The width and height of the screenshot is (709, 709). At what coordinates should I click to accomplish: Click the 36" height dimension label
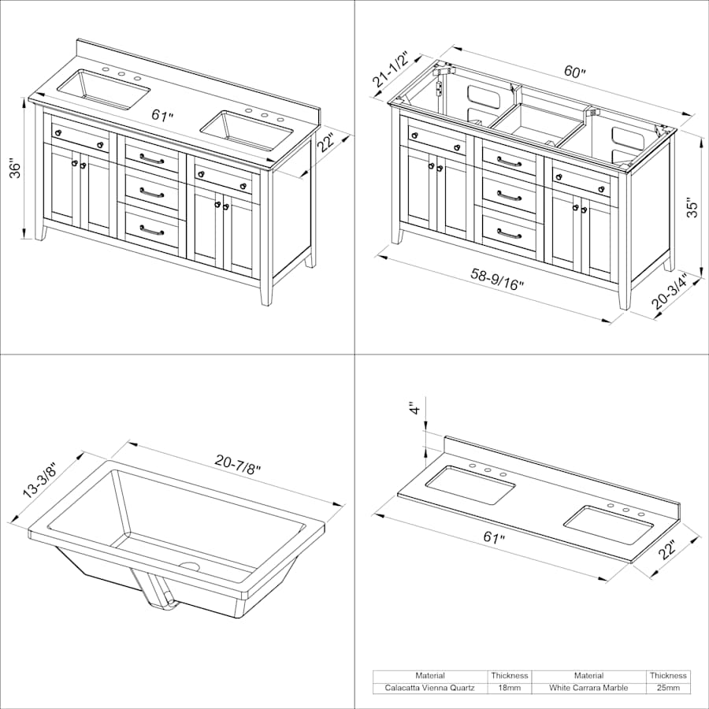(16, 169)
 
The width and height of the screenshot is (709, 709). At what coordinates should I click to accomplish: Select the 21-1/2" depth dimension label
(391, 69)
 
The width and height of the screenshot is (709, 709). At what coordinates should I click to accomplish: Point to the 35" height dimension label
(692, 207)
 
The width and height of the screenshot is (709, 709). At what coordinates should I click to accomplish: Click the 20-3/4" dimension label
(670, 291)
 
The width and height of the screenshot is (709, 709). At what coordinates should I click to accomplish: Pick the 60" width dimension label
(574, 72)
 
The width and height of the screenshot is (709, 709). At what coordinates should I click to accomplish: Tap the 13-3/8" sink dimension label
(40, 481)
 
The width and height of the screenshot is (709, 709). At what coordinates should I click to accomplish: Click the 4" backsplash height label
(414, 408)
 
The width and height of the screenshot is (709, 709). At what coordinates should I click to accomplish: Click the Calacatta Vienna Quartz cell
(429, 688)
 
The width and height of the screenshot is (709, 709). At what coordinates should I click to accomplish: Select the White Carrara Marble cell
(588, 688)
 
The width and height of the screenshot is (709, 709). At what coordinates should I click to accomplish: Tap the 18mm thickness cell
(510, 688)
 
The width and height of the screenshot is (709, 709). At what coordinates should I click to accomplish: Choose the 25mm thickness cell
(668, 688)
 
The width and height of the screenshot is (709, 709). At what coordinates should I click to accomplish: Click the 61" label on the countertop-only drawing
(494, 537)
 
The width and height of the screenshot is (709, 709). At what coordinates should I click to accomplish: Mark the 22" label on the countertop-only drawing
(667, 549)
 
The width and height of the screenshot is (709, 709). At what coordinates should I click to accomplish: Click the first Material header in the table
(429, 676)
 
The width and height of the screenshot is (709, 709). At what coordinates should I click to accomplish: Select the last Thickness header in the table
(668, 676)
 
